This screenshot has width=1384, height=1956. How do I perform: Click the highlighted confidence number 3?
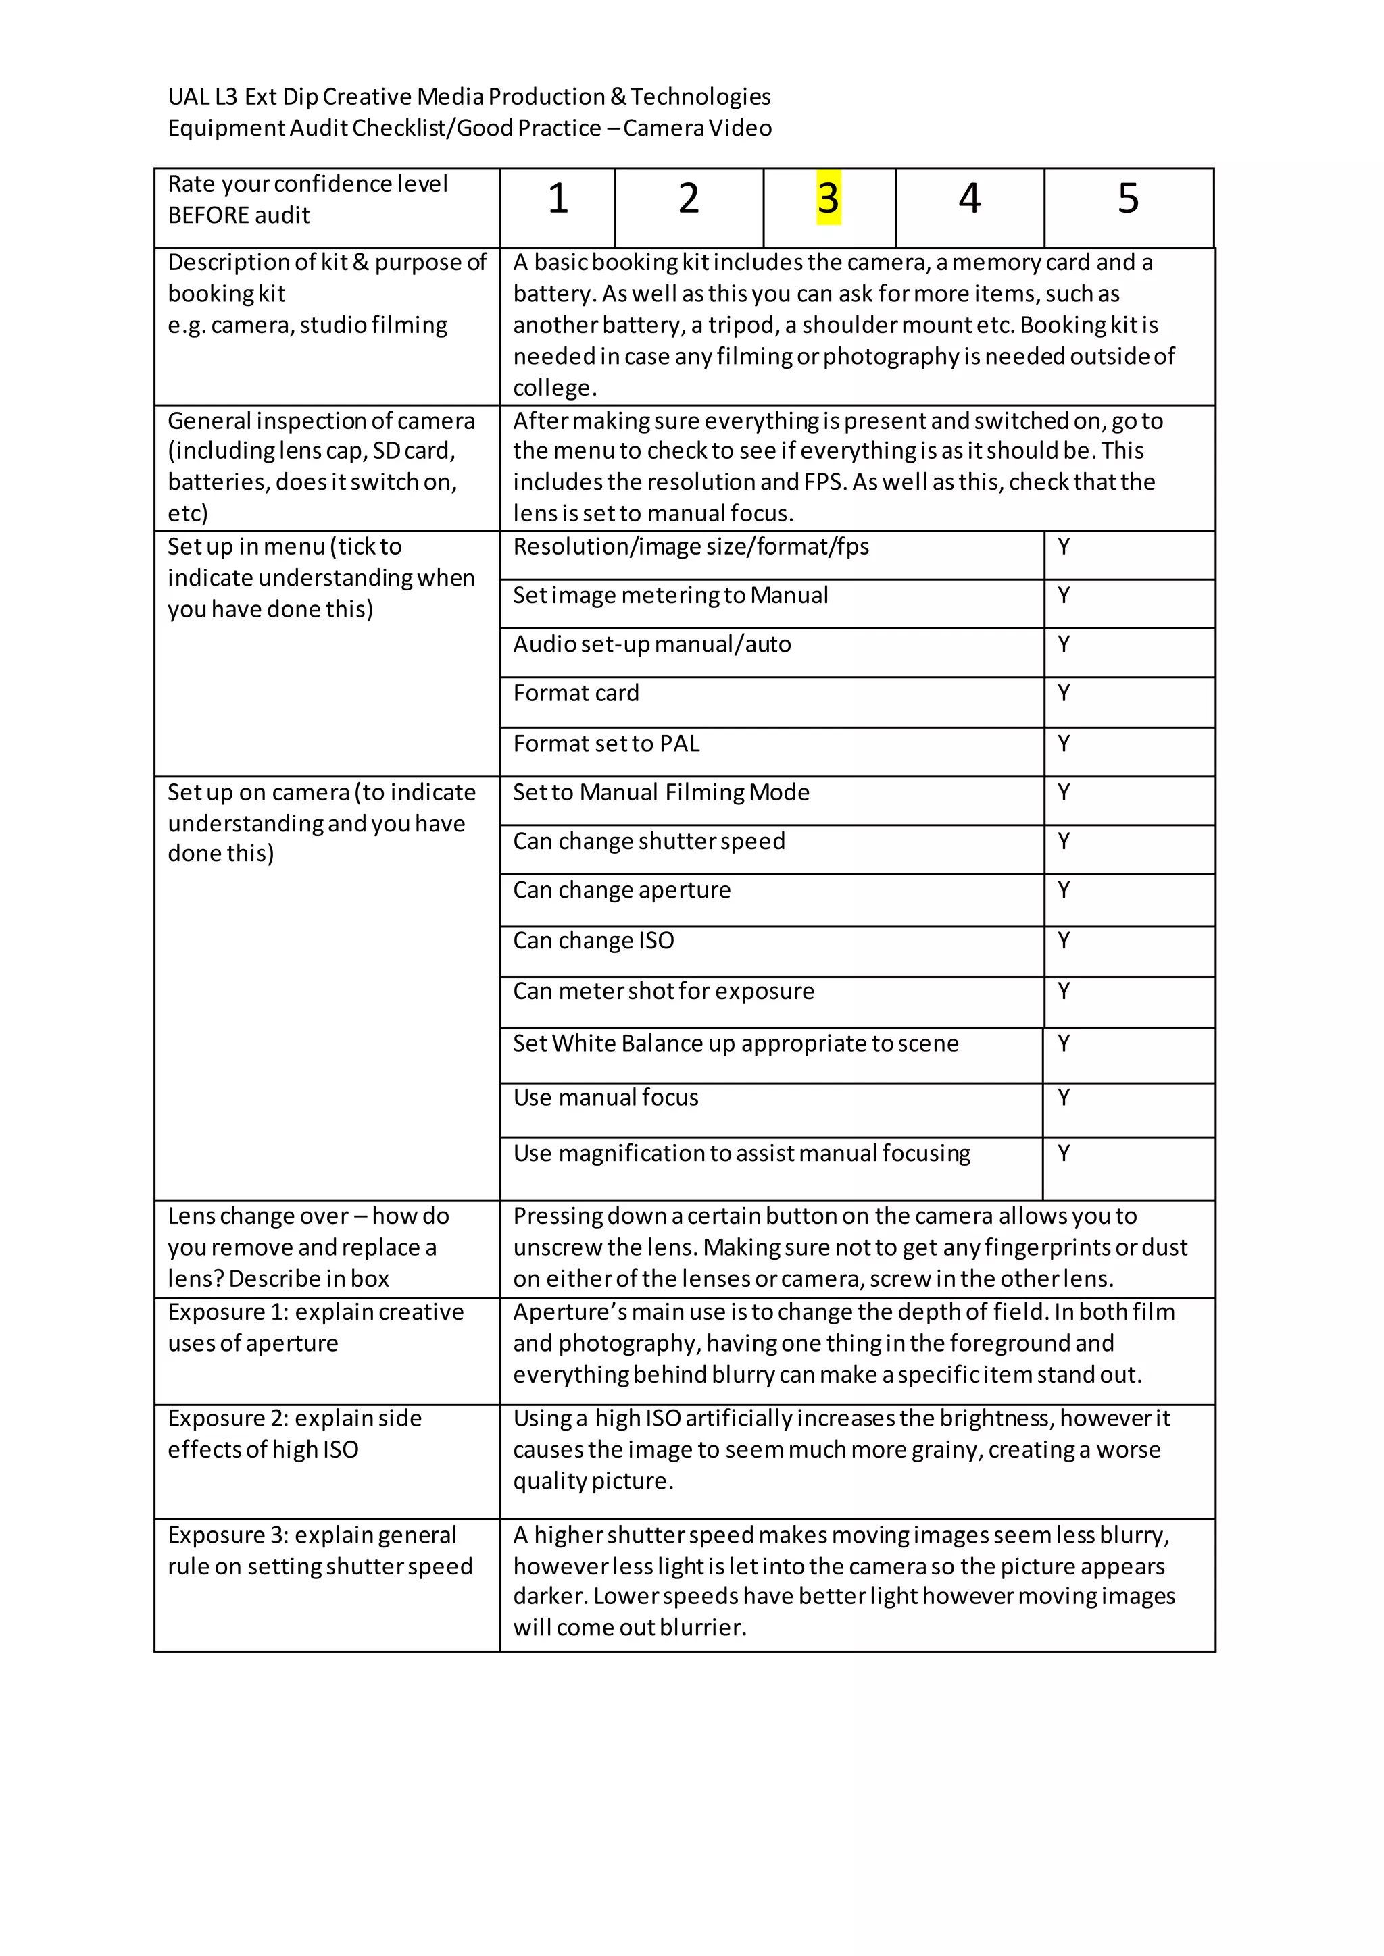(829, 199)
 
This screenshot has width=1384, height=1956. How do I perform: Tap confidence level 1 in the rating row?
(558, 199)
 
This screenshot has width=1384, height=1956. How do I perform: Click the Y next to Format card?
(1064, 692)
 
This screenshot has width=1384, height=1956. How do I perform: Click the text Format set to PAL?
(606, 744)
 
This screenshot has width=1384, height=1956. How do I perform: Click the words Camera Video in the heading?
(697, 128)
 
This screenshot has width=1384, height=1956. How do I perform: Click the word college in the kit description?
(552, 388)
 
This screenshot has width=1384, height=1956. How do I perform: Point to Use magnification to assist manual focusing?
(741, 1154)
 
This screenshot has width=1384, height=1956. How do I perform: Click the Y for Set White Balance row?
(1064, 1043)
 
